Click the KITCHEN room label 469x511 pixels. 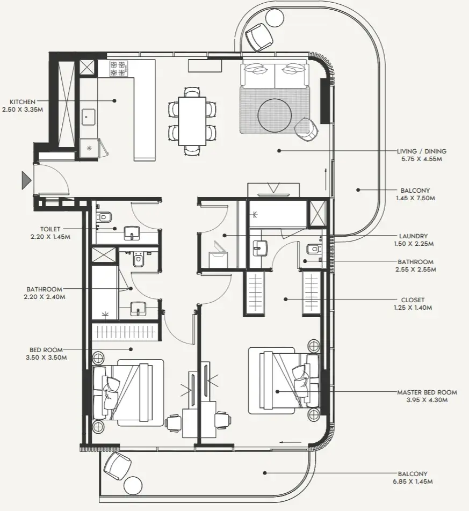click(23, 102)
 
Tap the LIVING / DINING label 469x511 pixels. click(421, 151)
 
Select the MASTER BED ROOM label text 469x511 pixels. click(427, 392)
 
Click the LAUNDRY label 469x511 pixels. click(413, 236)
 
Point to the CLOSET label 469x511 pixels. click(413, 300)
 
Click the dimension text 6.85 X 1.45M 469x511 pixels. click(413, 481)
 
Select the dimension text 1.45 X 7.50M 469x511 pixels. click(415, 198)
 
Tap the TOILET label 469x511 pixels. click(50, 229)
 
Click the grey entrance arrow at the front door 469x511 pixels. click(26, 180)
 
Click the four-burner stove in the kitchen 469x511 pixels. click(118, 69)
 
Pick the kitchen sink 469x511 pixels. click(88, 117)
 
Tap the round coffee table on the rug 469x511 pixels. click(275, 115)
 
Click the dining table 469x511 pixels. click(192, 121)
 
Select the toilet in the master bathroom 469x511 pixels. click(313, 250)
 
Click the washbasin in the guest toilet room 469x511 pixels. click(132, 233)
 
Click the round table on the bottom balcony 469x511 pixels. click(133, 486)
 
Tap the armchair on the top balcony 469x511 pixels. click(259, 36)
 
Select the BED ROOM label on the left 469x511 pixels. click(46, 350)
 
